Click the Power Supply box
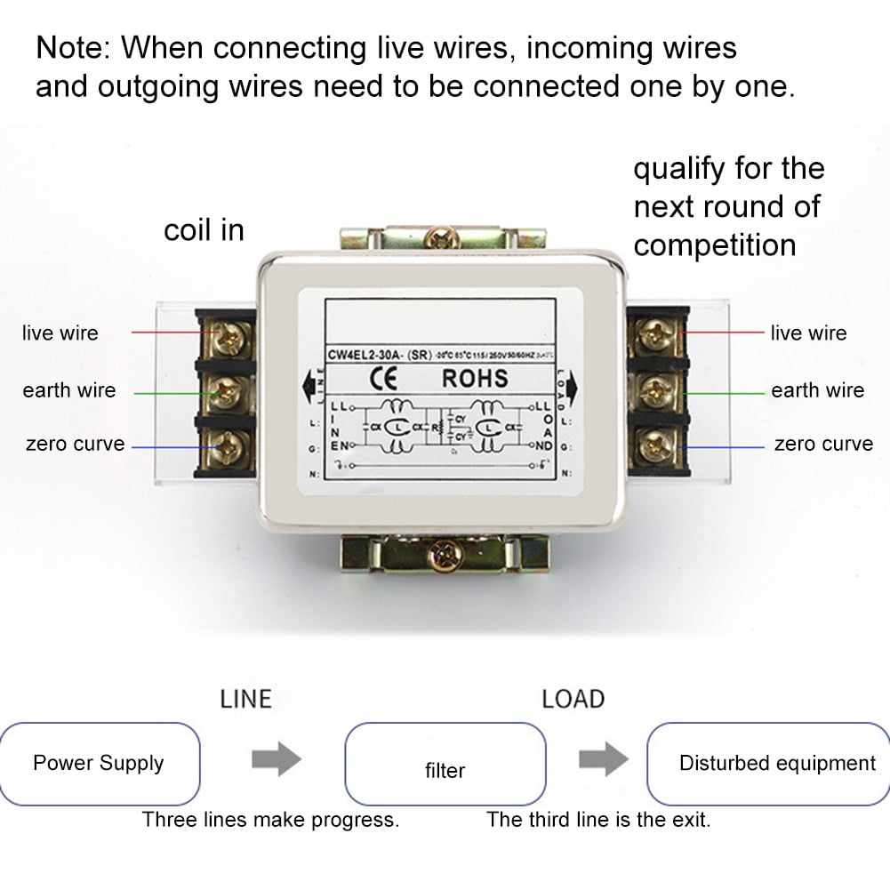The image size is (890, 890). (x=100, y=764)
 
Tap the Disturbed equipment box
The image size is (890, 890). (x=767, y=764)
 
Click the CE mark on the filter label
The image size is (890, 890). (x=373, y=378)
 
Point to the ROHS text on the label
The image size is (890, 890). (x=475, y=378)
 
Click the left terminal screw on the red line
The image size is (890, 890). (x=232, y=335)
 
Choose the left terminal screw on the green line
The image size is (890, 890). (x=232, y=389)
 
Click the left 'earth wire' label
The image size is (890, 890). (x=69, y=390)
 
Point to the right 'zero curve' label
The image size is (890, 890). (x=823, y=444)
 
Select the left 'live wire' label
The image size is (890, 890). (x=60, y=333)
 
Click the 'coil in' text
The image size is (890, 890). (x=204, y=231)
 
